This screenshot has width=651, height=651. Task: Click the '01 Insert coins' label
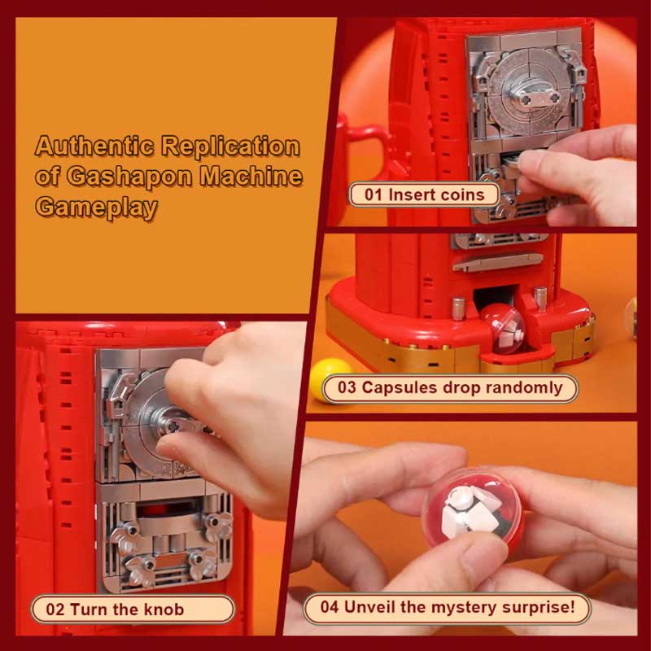[x=424, y=194]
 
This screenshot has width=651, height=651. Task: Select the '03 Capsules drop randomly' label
[x=450, y=387]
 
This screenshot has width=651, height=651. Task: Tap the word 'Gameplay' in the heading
[x=96, y=206]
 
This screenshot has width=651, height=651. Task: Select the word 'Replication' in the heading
[x=230, y=147]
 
